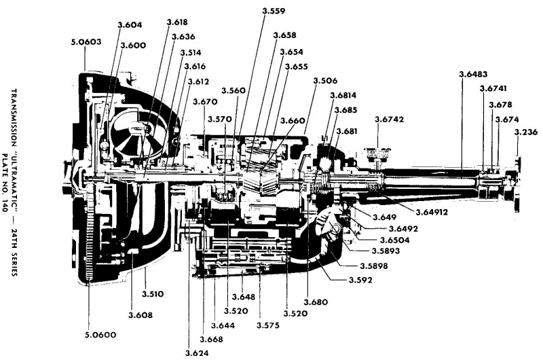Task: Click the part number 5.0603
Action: (x=86, y=41)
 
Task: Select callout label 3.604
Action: (x=130, y=25)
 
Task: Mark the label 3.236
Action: (x=527, y=132)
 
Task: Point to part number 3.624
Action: (x=197, y=352)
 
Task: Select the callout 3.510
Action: (x=153, y=293)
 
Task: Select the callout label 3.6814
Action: (x=342, y=96)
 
